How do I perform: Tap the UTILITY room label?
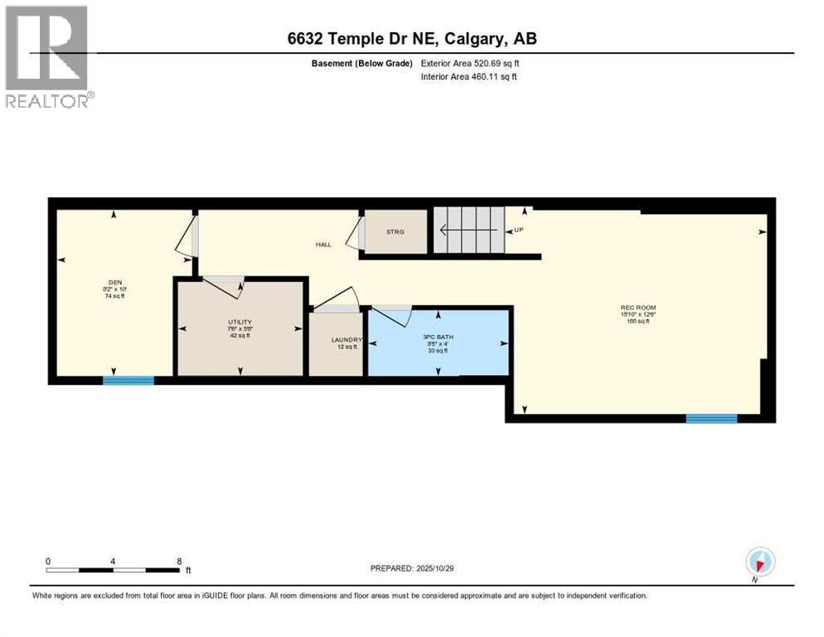(x=240, y=322)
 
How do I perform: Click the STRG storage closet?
(x=395, y=231)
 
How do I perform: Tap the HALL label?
(x=323, y=245)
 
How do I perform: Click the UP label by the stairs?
(x=518, y=231)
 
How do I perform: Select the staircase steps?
(x=469, y=231)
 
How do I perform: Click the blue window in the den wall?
(x=128, y=381)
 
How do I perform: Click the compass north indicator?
(x=759, y=562)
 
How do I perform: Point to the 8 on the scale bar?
(x=179, y=561)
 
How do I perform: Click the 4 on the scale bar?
(x=113, y=561)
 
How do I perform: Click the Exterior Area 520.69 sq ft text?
(x=470, y=63)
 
